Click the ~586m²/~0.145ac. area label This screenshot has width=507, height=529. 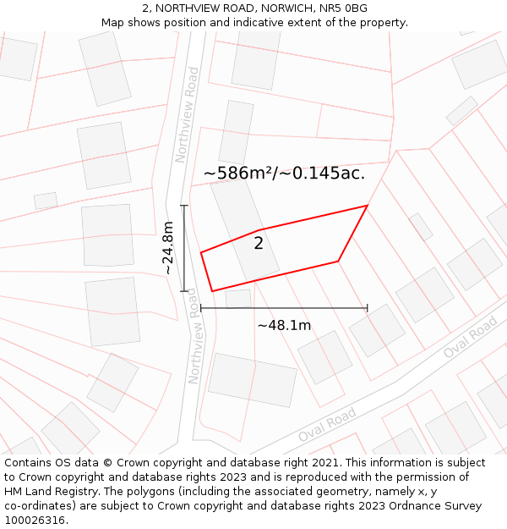pyautogui.click(x=284, y=174)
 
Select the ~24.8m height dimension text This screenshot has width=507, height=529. pyautogui.click(x=168, y=248)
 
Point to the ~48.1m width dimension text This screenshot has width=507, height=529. pyautogui.click(x=284, y=325)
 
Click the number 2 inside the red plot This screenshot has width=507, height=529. pyautogui.click(x=259, y=244)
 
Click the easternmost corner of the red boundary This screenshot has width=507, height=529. pyautogui.click(x=367, y=206)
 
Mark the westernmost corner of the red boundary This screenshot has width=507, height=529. pyautogui.click(x=201, y=252)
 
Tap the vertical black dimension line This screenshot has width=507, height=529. pyautogui.click(x=184, y=248)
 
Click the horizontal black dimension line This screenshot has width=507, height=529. pyautogui.click(x=284, y=308)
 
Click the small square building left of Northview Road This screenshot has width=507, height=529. pyautogui.click(x=46, y=201)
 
